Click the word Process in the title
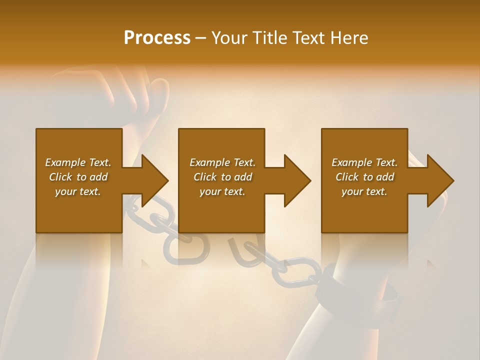(157, 37)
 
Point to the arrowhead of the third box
(439, 180)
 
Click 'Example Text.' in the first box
(78, 162)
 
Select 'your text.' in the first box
(78, 191)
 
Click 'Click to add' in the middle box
(222, 177)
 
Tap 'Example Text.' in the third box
(364, 162)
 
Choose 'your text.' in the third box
(364, 191)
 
